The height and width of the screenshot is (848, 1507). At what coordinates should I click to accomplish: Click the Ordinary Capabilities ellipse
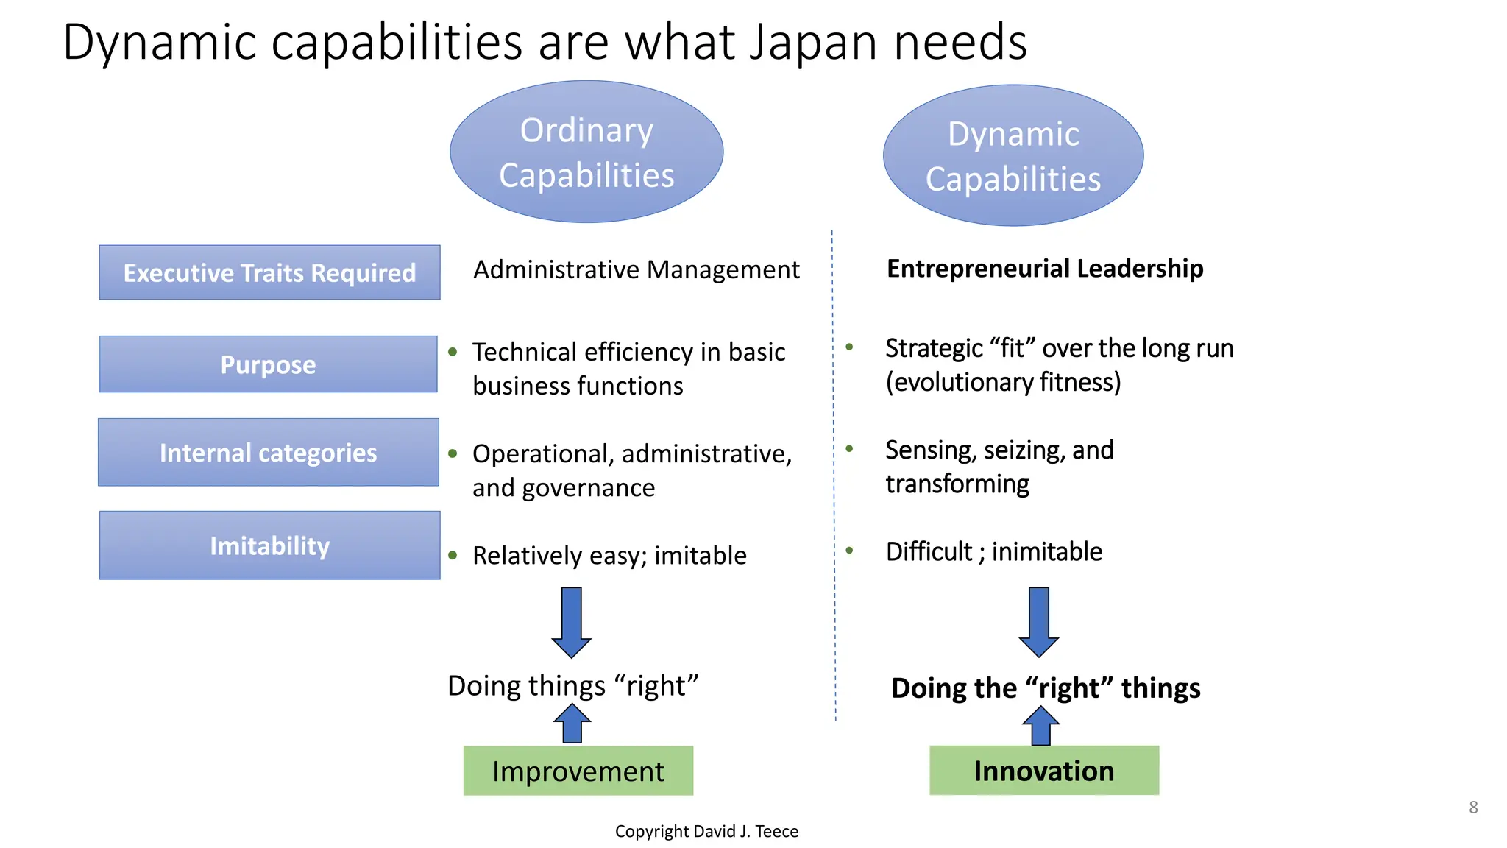pyautogui.click(x=586, y=152)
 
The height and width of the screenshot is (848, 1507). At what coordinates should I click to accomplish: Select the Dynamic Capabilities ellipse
pyautogui.click(x=1013, y=155)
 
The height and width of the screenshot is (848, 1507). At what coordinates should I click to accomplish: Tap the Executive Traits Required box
pyautogui.click(x=269, y=272)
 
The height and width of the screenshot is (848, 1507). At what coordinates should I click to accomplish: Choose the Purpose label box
pyautogui.click(x=269, y=364)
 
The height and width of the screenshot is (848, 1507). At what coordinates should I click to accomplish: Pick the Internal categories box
pyautogui.click(x=269, y=452)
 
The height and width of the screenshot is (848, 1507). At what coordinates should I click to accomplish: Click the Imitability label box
pyautogui.click(x=269, y=545)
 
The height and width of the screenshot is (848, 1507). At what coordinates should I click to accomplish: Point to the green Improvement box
pyautogui.click(x=578, y=771)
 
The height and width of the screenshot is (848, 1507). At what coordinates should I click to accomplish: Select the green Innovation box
pyautogui.click(x=1043, y=771)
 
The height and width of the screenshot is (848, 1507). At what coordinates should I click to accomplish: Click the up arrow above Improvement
pyautogui.click(x=572, y=724)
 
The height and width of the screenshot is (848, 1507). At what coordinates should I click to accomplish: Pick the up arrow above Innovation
pyautogui.click(x=1040, y=726)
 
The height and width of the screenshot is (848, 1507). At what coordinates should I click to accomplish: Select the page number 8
pyautogui.click(x=1473, y=807)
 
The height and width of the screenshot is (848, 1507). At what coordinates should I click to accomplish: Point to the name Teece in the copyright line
pyautogui.click(x=776, y=831)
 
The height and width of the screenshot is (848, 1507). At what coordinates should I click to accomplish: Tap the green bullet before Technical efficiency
pyautogui.click(x=453, y=352)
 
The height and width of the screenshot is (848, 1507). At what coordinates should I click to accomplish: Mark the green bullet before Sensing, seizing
pyautogui.click(x=849, y=448)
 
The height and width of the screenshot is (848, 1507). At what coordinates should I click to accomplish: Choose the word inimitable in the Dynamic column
pyautogui.click(x=1046, y=551)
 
